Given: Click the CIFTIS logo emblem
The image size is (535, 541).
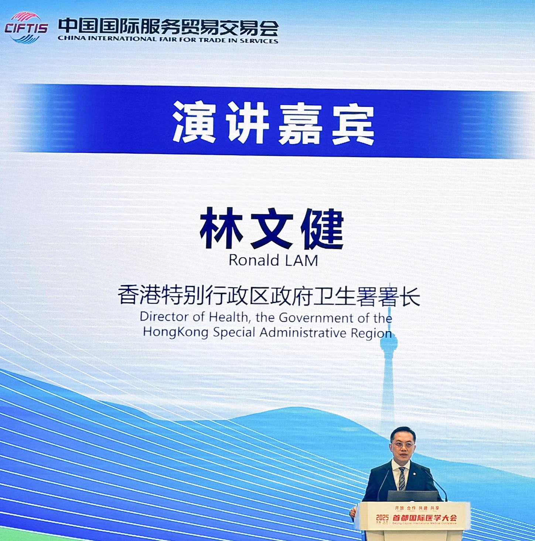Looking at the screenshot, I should [x=26, y=28].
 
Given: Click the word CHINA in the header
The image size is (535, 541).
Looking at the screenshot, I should [x=71, y=38].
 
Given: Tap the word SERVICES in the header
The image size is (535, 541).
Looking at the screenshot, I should [x=259, y=41].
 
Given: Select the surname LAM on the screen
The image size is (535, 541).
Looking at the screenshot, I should [x=301, y=261].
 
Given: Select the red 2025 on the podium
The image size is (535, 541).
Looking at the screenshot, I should [x=382, y=517].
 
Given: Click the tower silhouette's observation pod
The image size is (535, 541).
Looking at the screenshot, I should [x=388, y=342].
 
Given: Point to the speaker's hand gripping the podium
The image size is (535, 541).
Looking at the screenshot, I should [x=353, y=512].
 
